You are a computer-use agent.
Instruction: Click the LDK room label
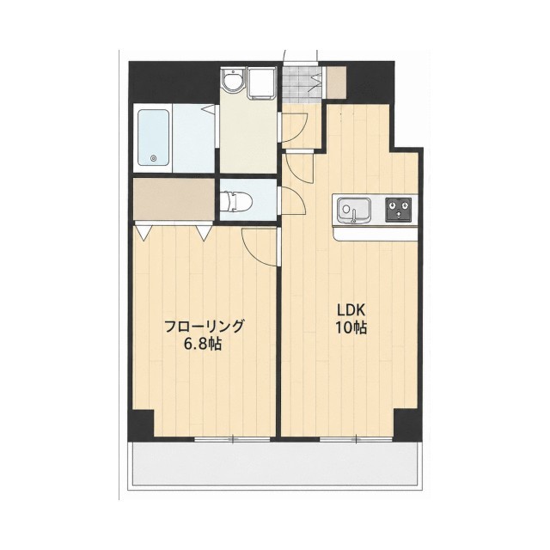351,310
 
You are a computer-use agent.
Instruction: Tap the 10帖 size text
351,328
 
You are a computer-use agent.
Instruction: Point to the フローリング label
204,327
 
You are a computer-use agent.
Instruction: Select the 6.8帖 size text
203,344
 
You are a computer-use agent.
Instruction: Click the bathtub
153,137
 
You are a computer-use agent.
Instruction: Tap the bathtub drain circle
153,158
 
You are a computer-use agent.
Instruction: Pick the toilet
237,201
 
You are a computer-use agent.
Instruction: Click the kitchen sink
353,210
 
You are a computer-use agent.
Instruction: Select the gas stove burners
399,210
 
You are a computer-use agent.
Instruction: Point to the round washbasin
231,82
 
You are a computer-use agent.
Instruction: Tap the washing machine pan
261,83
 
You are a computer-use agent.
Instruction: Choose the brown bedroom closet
174,199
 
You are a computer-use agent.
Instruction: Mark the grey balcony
275,463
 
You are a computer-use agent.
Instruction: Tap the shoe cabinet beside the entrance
336,82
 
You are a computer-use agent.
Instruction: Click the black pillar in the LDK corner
406,423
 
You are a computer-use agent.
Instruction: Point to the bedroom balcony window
232,439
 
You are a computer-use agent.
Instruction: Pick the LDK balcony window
356,439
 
